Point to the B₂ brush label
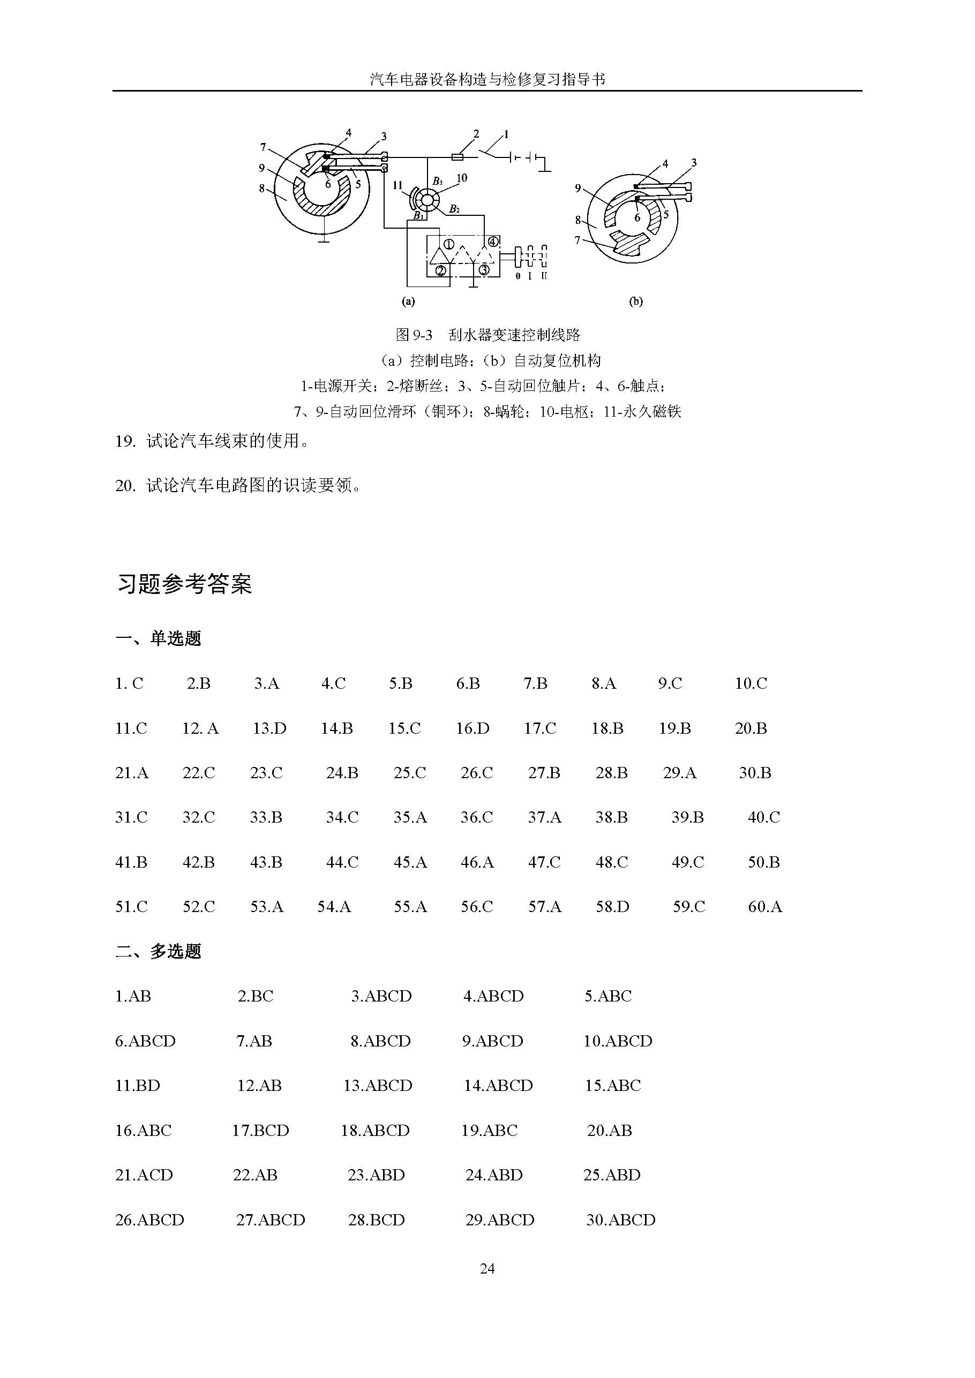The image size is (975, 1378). [454, 209]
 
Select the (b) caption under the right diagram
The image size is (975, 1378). [636, 302]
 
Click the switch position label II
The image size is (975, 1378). [544, 276]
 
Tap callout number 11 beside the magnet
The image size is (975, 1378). [397, 185]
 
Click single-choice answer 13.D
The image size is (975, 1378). [269, 728]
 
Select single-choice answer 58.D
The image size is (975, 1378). [612, 907]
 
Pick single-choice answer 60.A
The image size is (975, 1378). [765, 907]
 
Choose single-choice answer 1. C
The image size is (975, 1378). [130, 683]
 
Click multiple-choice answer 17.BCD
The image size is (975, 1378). [260, 1131]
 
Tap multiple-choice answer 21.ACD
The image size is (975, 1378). [144, 1175]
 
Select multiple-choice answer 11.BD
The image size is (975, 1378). [138, 1086]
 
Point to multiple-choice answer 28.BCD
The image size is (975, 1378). [377, 1220]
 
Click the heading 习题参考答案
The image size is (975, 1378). [184, 584]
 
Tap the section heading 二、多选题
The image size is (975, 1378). [159, 952]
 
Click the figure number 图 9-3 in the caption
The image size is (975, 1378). [414, 335]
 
